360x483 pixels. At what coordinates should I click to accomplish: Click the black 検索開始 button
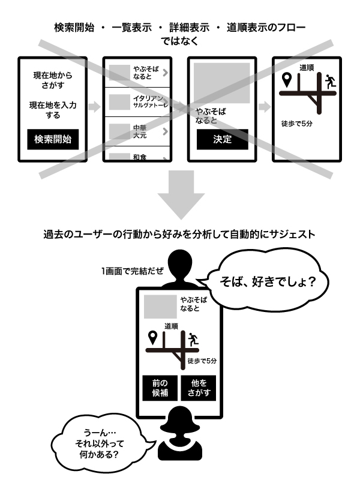pyautogui.click(x=53, y=139)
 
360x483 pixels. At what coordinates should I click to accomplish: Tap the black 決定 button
pyautogui.click(x=222, y=139)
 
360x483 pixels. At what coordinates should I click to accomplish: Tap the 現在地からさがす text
pyautogui.click(x=53, y=81)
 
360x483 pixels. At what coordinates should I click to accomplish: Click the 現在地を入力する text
pyautogui.click(x=53, y=110)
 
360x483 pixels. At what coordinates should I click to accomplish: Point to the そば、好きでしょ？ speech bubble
pyautogui.click(x=269, y=281)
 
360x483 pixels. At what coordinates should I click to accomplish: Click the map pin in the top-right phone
pyautogui.click(x=287, y=79)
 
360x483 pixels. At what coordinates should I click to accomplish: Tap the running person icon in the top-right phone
pyautogui.click(x=329, y=81)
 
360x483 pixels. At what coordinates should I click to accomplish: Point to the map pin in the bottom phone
pyautogui.click(x=152, y=337)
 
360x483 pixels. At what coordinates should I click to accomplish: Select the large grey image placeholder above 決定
pyautogui.click(x=221, y=82)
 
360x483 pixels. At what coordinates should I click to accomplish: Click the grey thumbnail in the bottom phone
pyautogui.click(x=158, y=305)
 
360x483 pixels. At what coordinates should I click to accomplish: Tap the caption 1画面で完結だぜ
pyautogui.click(x=133, y=270)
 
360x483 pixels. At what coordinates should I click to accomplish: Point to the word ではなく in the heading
pyautogui.click(x=179, y=41)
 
